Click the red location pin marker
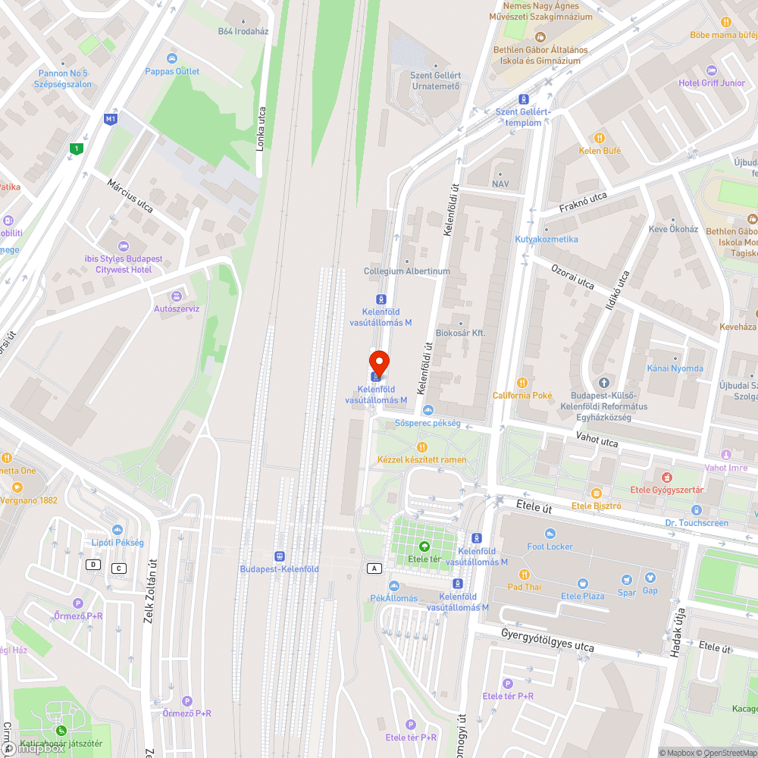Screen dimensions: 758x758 (378, 362)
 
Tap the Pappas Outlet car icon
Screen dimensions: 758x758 (172, 58)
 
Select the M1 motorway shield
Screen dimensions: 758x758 (111, 119)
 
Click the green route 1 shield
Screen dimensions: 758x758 (75, 149)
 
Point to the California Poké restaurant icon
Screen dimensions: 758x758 (522, 383)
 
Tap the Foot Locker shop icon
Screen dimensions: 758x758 (550, 534)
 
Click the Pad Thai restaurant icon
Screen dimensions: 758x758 (523, 574)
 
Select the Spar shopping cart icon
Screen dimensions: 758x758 (627, 580)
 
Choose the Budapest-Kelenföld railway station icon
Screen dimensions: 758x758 (279, 556)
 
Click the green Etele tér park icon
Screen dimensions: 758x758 (424, 547)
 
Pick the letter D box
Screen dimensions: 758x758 (93, 564)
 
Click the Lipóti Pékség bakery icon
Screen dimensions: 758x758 (117, 530)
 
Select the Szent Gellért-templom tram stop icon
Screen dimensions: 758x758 (523, 99)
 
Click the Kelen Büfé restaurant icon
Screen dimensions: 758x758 (600, 138)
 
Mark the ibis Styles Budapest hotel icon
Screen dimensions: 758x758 (124, 246)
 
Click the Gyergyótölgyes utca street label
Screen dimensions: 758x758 (547, 640)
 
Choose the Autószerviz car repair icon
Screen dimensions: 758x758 (177, 296)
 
